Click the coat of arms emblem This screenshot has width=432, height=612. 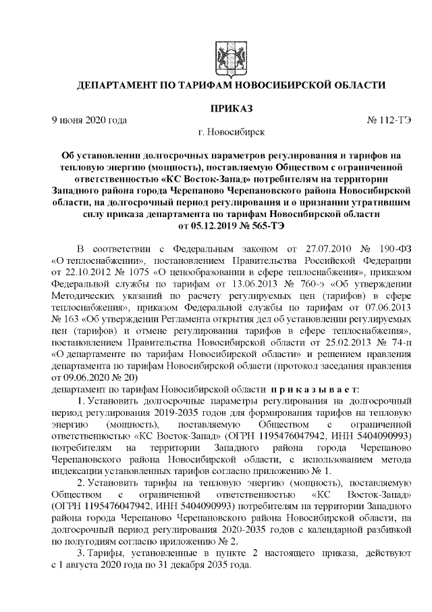pyautogui.click(x=232, y=51)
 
